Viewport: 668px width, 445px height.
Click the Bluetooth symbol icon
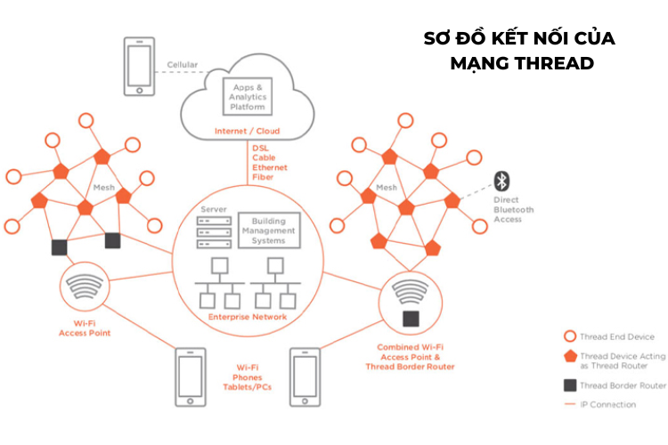(x=502, y=182)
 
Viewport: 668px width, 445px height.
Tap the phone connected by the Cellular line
(x=138, y=65)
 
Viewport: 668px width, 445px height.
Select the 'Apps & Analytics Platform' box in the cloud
(x=248, y=97)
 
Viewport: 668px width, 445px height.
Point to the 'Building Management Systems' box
(x=269, y=230)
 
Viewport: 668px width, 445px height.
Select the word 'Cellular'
(x=183, y=65)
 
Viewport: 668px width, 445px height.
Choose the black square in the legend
(x=569, y=385)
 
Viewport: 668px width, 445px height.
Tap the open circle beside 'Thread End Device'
(x=569, y=336)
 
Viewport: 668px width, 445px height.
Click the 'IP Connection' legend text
(x=608, y=404)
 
